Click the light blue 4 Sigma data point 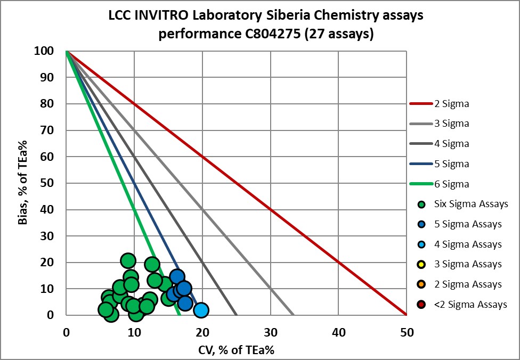tap(201, 310)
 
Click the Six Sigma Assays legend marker tap(421, 204)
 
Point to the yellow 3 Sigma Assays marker tap(421, 265)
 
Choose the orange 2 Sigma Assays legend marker tap(421, 284)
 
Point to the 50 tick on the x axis tap(407, 332)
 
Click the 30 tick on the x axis tap(271, 332)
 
